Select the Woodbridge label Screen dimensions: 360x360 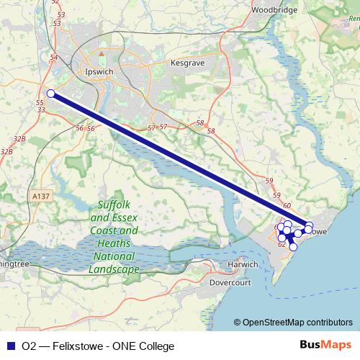(x=274, y=11)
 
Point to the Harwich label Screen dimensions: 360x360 (x=243, y=264)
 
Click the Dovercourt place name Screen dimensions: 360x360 (x=229, y=283)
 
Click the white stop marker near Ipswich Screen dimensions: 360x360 (x=50, y=93)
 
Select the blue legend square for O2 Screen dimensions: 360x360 (x=10, y=346)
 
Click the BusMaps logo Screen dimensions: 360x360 (x=325, y=346)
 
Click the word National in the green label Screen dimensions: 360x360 (x=114, y=256)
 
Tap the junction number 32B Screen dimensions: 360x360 (x=19, y=138)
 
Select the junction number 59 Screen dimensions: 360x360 (x=269, y=180)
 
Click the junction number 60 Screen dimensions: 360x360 (x=287, y=207)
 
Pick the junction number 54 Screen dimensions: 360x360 (x=55, y=57)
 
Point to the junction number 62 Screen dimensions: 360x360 (x=282, y=245)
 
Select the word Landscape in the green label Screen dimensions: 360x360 (x=114, y=269)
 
